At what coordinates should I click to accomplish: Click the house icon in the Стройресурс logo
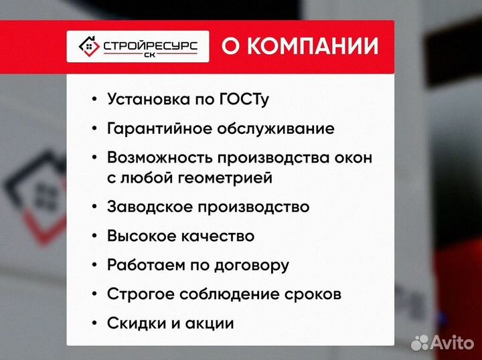coord(86,46)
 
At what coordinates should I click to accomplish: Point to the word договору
coord(252,265)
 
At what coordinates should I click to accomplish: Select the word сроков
coord(312,294)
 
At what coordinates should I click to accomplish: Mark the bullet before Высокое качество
coord(94,236)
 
